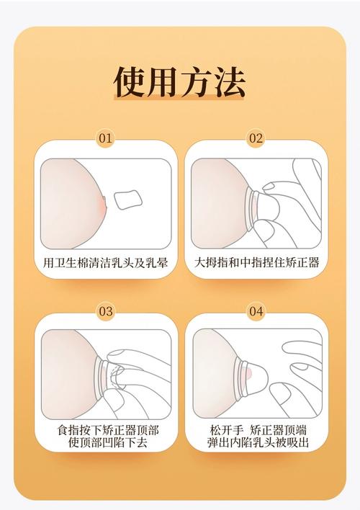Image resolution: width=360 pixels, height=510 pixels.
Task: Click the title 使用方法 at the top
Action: click(180, 82)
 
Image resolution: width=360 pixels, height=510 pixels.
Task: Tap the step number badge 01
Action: click(106, 138)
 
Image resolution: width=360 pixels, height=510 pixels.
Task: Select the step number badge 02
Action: click(256, 138)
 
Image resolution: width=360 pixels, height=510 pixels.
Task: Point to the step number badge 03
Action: click(106, 311)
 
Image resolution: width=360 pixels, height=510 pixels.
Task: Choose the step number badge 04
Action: click(256, 311)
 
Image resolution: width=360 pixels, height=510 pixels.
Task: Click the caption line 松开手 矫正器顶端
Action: click(256, 430)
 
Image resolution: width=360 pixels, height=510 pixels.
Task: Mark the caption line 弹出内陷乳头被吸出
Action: click(256, 443)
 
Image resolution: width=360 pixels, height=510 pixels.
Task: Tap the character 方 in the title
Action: click(197, 82)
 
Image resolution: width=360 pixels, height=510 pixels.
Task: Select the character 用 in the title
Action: click(163, 82)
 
